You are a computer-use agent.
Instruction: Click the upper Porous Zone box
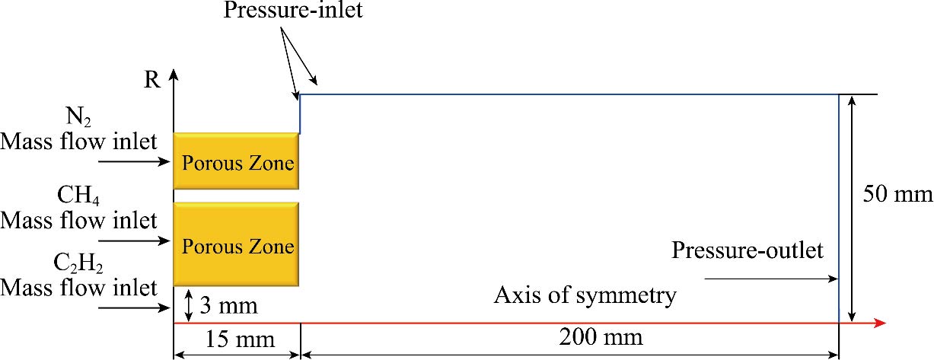tap(236, 161)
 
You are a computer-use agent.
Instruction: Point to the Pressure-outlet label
tap(747, 250)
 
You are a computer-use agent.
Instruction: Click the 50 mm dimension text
tap(897, 195)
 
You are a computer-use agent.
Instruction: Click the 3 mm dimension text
tap(228, 307)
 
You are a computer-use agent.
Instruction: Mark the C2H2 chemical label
tap(79, 264)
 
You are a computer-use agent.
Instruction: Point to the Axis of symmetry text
tap(585, 295)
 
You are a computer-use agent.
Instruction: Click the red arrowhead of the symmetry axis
tap(881, 323)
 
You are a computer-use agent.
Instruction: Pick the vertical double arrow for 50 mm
tap(853, 208)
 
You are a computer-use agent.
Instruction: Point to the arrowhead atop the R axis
tap(174, 75)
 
